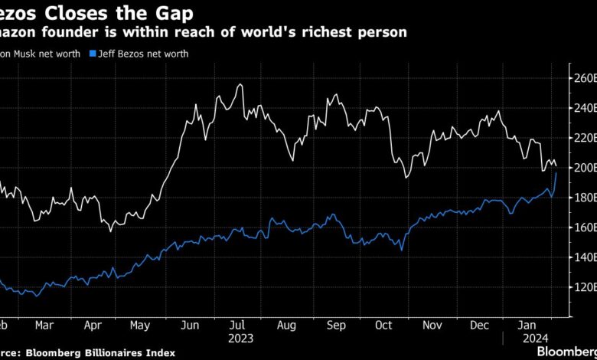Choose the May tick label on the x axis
tap(140, 324)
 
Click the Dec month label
tap(479, 324)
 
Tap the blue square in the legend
tap(92, 54)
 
